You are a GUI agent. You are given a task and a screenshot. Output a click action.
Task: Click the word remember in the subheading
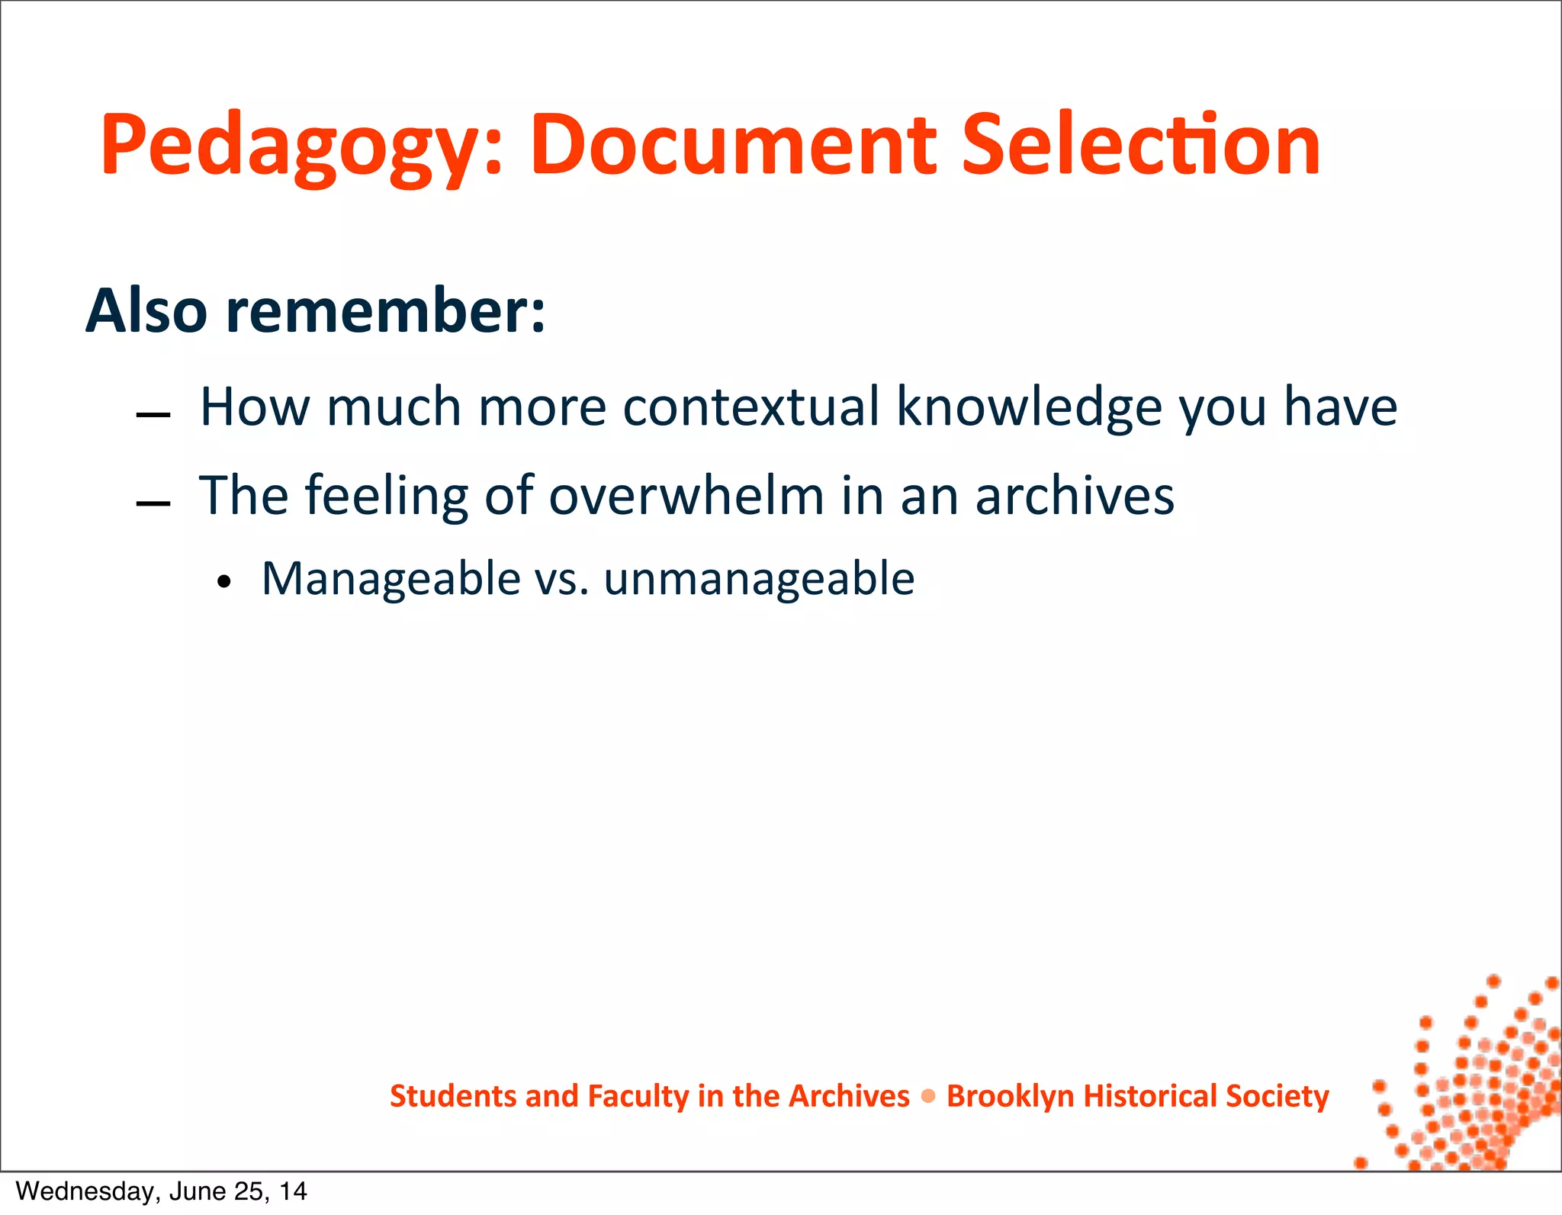(x=385, y=311)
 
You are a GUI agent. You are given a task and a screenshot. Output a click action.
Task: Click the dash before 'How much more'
(x=153, y=416)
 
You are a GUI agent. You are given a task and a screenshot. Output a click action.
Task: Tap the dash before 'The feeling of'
(x=153, y=504)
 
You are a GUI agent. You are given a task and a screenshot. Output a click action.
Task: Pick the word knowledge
(x=1029, y=407)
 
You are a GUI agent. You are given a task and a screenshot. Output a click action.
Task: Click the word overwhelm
(x=686, y=496)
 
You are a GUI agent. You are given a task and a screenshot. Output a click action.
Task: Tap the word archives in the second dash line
(x=1075, y=496)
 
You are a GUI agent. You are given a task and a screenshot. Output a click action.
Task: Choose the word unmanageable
(x=759, y=579)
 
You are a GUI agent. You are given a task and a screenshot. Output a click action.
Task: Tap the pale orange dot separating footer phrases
(x=928, y=1096)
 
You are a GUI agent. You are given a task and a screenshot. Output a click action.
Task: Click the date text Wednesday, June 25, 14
(x=161, y=1191)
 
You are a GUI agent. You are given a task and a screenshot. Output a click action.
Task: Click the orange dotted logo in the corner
(x=1468, y=1083)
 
